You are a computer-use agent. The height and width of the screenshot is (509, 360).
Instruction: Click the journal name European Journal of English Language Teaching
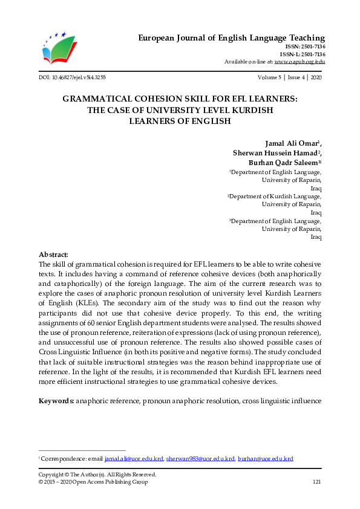click(231, 38)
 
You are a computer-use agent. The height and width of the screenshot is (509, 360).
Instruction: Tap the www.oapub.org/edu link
click(299, 62)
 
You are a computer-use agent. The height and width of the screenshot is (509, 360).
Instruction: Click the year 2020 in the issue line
click(315, 78)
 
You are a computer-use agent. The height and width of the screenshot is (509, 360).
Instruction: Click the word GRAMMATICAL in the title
click(113, 99)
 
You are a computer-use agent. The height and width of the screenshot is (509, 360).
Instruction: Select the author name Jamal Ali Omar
click(292, 143)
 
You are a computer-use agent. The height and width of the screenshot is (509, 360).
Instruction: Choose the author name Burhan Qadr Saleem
click(283, 164)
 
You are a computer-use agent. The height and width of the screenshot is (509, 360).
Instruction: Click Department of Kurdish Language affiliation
click(275, 196)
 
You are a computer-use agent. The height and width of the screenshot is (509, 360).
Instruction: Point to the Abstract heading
click(53, 254)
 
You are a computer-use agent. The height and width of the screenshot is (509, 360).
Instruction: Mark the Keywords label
click(56, 401)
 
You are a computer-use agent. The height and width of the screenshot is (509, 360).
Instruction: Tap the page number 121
click(316, 482)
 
